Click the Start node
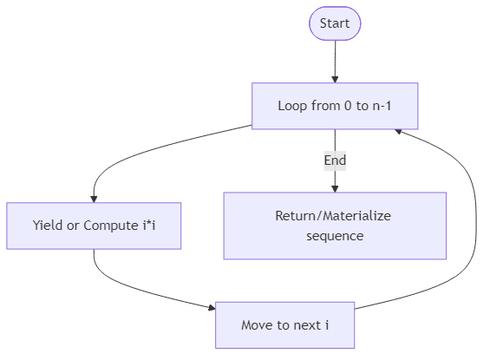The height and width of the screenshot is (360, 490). click(x=335, y=23)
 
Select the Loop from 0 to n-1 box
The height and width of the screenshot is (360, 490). click(x=335, y=107)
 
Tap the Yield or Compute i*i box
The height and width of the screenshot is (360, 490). click(x=94, y=226)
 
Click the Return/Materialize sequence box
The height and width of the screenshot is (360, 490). click(x=335, y=226)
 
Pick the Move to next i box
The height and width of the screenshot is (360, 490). click(x=285, y=325)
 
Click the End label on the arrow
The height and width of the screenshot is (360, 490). click(x=335, y=160)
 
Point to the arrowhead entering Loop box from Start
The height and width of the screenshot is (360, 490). click(x=335, y=79)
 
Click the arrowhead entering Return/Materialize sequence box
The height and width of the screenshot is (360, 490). click(x=335, y=187)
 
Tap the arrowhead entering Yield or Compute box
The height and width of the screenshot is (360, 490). click(x=94, y=198)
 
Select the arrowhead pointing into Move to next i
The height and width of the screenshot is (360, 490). click(x=211, y=308)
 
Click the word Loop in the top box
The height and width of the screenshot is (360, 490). click(x=292, y=107)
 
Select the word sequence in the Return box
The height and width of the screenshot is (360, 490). click(x=335, y=235)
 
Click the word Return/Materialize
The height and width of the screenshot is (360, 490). click(x=335, y=216)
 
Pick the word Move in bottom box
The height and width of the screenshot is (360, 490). click(x=258, y=325)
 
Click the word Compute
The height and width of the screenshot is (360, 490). click(x=108, y=226)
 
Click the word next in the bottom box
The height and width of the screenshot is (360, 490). click(x=305, y=325)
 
